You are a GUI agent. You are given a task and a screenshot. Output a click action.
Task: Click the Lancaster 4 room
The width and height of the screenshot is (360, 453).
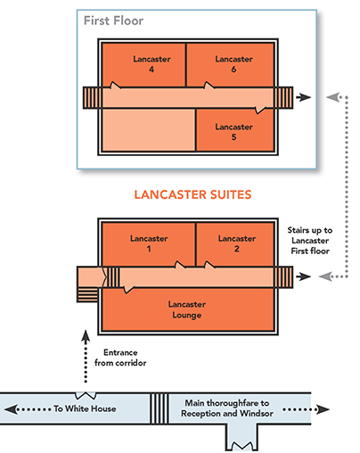pos(143,65)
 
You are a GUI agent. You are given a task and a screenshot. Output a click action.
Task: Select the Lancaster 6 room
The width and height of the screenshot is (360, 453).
pos(230,65)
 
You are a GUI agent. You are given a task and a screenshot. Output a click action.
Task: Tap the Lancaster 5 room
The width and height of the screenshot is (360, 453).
pos(235,130)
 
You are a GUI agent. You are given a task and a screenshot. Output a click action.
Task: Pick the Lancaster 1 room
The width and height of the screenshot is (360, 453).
pos(149,244)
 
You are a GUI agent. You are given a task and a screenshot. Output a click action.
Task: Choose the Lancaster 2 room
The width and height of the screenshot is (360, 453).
pos(235,244)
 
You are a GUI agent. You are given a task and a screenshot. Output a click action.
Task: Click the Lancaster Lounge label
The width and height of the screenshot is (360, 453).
pos(187,309)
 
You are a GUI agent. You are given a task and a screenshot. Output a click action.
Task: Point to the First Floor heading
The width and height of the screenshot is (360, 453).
pos(113,21)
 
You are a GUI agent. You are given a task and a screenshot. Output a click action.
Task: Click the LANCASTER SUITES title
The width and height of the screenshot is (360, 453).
pos(192,194)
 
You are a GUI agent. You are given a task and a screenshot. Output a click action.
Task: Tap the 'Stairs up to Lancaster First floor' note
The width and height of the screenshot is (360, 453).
pos(310,241)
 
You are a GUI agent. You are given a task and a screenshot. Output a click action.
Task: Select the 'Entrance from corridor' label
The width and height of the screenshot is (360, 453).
pos(120,358)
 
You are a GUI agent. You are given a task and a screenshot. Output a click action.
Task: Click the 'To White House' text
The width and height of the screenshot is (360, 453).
pos(85,408)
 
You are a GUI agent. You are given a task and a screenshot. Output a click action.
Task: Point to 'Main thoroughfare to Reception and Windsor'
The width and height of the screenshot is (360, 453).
pos(227,408)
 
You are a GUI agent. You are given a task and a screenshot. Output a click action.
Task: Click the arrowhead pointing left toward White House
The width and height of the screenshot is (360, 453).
pos(11,409)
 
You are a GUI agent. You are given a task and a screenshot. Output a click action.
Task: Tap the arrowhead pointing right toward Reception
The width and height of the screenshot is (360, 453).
pos(323,409)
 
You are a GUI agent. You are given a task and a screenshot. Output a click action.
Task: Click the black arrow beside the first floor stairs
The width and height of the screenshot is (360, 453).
pos(303,97)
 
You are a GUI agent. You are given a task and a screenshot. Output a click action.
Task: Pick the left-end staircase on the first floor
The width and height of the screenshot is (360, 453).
pos(93,97)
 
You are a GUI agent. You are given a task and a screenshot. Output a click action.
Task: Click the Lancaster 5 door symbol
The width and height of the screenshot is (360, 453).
pos(260,111)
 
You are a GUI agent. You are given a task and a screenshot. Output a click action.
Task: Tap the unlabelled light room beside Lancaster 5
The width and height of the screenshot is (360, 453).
pos(149,130)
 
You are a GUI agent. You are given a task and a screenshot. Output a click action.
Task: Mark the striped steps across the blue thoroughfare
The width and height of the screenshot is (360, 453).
pos(160,408)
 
